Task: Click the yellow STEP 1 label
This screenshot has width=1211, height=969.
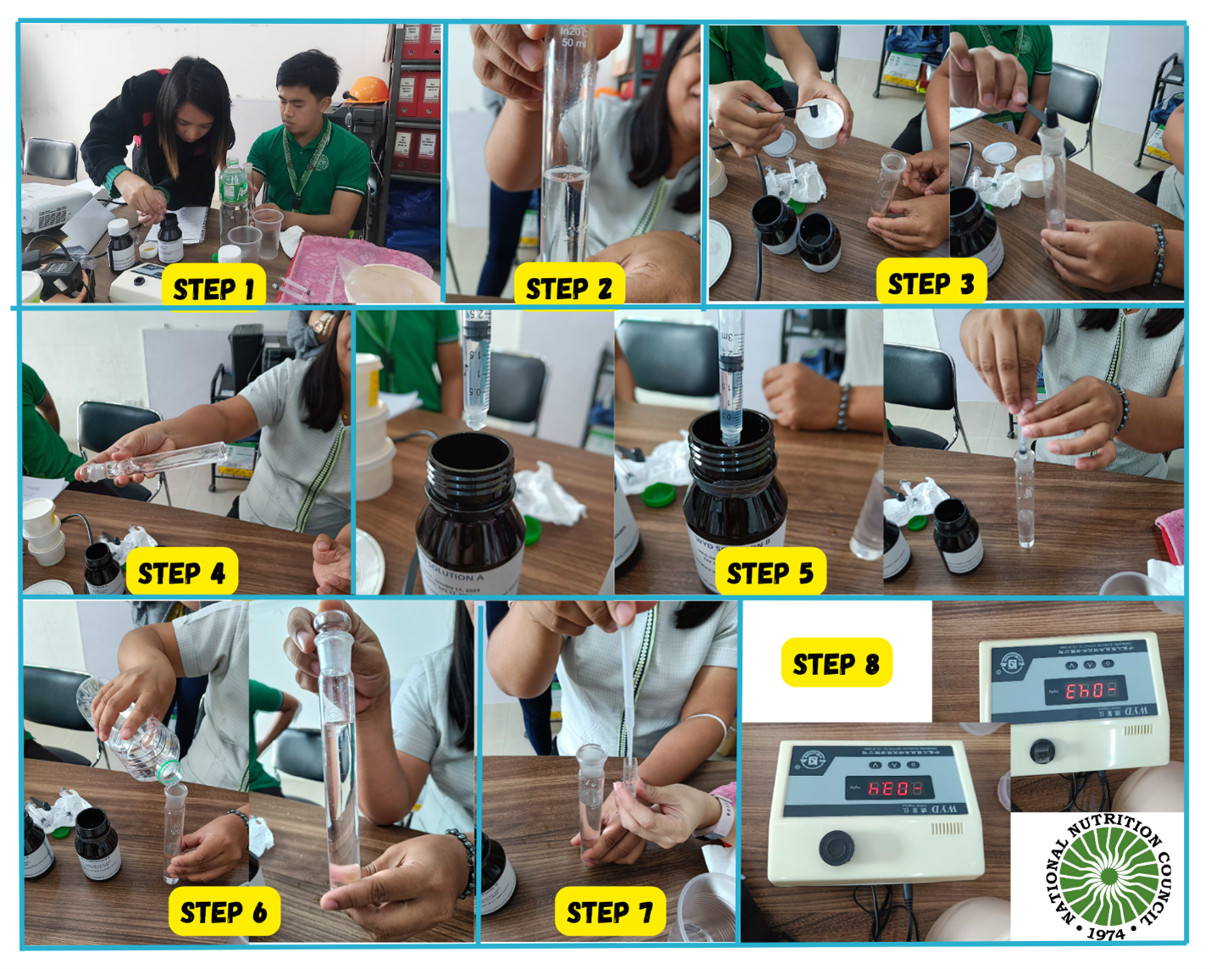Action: click(213, 289)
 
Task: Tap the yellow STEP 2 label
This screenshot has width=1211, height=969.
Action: click(568, 288)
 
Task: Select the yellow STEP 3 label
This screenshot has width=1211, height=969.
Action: click(930, 284)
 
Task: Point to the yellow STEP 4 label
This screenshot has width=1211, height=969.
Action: click(181, 573)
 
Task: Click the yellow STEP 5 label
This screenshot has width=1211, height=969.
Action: click(770, 573)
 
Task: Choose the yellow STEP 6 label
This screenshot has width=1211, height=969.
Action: click(224, 912)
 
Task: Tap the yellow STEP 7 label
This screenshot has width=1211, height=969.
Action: click(609, 912)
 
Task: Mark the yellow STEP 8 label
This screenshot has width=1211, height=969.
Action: click(835, 664)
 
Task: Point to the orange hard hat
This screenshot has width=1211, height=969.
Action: click(368, 89)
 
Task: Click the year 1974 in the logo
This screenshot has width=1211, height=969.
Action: click(1105, 933)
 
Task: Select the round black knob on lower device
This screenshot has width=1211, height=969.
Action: click(835, 846)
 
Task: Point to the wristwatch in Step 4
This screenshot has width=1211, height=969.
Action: click(323, 323)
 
